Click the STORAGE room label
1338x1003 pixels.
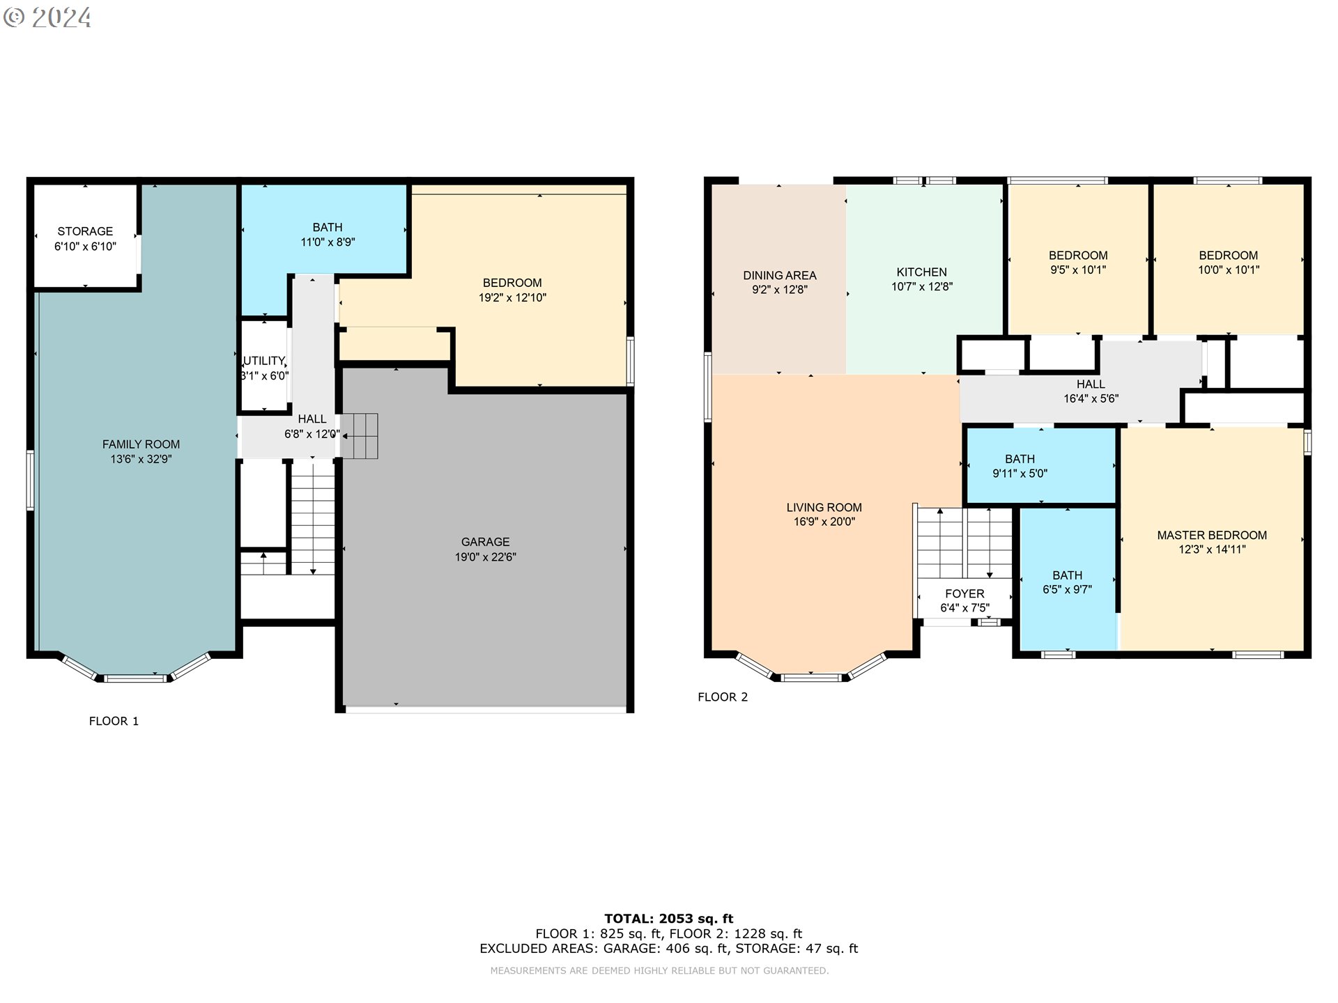coord(85,231)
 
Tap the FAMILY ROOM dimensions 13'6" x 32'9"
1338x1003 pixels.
coord(141,459)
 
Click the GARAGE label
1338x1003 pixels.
coord(485,542)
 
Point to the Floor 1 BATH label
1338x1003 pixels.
coord(328,227)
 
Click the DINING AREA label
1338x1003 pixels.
coord(779,276)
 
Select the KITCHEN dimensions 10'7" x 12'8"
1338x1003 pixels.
coord(921,287)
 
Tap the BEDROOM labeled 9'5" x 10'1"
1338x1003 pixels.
coord(1077,263)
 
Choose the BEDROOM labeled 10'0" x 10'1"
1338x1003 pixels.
coord(1228,263)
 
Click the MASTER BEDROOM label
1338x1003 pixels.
coord(1211,535)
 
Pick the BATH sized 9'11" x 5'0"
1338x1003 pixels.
coord(1020,466)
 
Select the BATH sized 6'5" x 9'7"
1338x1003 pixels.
coord(1067,582)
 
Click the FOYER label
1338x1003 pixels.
coord(964,593)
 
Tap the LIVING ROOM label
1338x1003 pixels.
coord(824,508)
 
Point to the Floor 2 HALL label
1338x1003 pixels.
coord(1090,384)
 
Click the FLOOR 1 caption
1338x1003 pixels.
coord(114,721)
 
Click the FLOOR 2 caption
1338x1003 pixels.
coord(723,697)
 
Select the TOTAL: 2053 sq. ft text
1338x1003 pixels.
coord(668,919)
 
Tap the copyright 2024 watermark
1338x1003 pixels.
coord(47,17)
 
